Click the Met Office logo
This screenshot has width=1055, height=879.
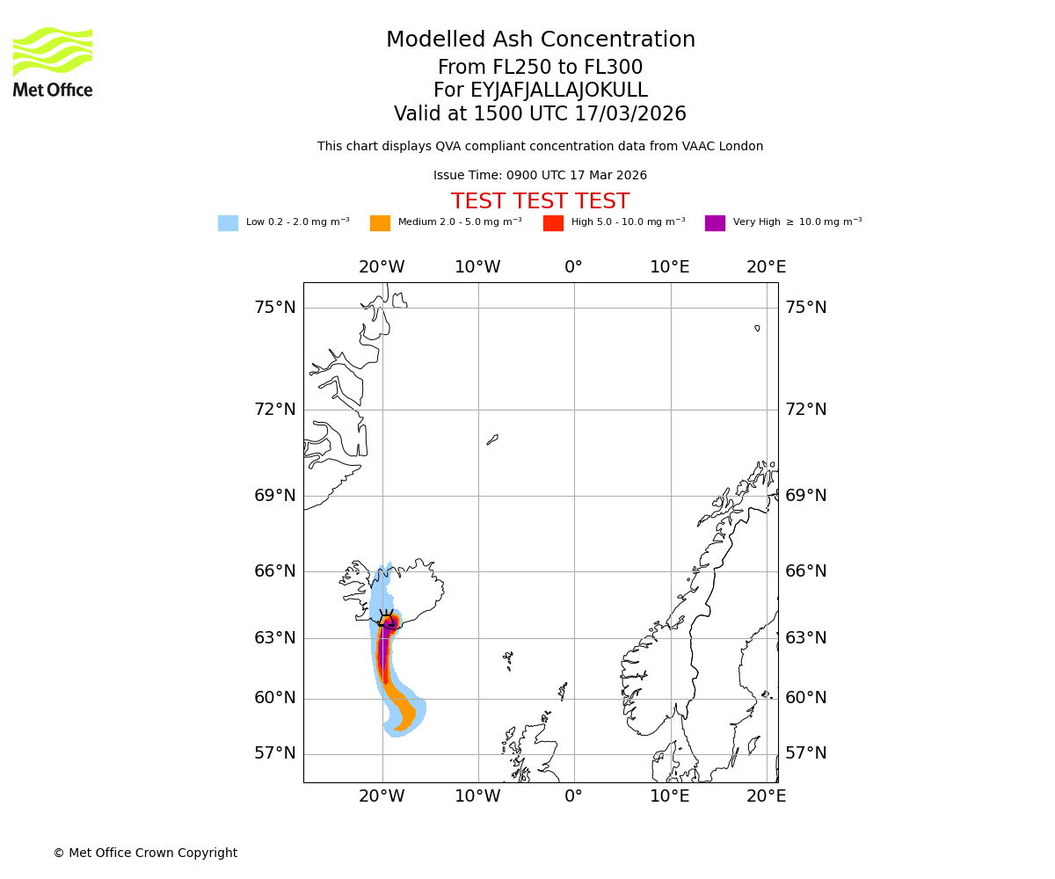pos(53,62)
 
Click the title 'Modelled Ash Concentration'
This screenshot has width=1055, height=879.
pos(541,40)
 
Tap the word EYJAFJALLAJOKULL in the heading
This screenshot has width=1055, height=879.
pos(559,91)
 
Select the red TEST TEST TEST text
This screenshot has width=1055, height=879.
pos(540,201)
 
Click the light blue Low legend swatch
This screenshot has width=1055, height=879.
pos(228,222)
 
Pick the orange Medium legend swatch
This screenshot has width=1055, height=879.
pos(380,222)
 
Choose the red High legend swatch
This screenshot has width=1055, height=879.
pos(553,222)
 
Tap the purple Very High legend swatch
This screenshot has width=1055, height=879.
pos(715,222)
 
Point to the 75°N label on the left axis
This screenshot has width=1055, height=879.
pos(275,307)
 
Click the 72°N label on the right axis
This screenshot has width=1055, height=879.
pos(806,409)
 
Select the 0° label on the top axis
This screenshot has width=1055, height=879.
pos(573,267)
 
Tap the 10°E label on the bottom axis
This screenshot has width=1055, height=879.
pos(670,796)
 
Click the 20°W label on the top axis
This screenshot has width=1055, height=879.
pos(382,267)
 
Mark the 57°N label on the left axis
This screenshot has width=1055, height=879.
pos(275,753)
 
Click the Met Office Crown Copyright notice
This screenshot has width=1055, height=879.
pos(145,853)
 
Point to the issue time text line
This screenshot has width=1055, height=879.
pos(540,176)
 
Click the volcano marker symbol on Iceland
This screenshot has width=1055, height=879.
pos(387,621)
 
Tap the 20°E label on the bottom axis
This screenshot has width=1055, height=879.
pos(767,796)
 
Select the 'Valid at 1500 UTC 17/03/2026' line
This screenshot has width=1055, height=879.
pos(540,114)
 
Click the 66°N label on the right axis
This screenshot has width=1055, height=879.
pos(806,571)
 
